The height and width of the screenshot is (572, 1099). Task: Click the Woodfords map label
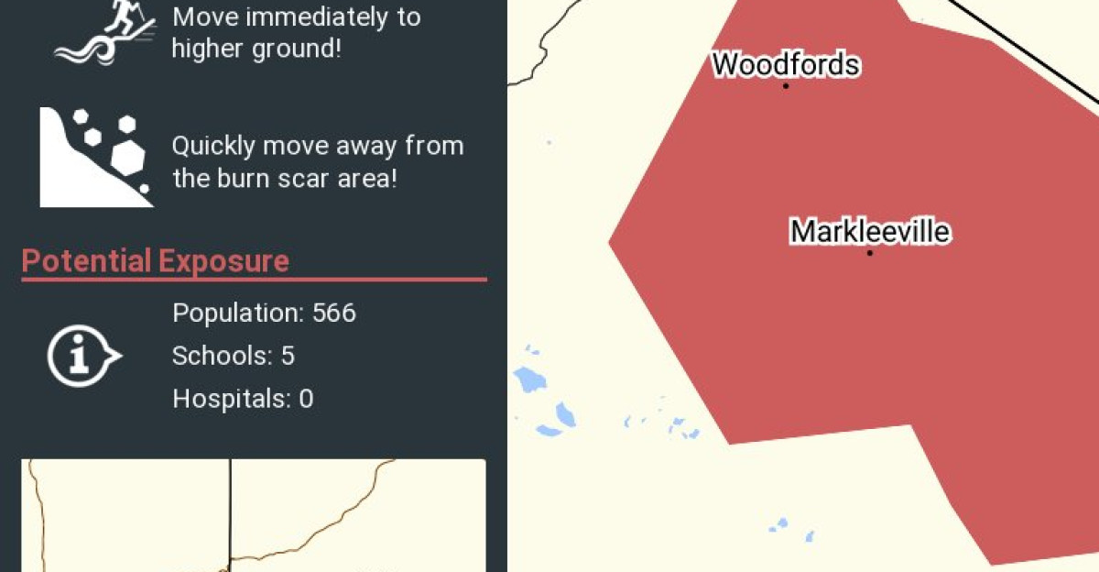tap(786, 64)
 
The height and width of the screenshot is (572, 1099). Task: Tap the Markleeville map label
tap(869, 231)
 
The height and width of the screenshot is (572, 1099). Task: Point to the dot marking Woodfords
tap(786, 86)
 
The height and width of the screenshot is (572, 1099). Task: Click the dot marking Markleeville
tap(869, 253)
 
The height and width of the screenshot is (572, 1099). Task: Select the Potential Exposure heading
tap(155, 261)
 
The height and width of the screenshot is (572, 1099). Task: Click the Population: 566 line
tap(264, 313)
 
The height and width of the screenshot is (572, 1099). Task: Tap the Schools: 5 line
tap(234, 356)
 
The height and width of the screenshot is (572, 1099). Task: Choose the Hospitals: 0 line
tap(243, 399)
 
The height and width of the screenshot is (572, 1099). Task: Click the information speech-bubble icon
tap(82, 355)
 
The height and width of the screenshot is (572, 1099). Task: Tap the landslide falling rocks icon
tap(95, 157)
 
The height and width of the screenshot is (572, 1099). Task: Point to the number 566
tap(333, 313)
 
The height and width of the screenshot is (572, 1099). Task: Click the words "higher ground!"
tap(256, 49)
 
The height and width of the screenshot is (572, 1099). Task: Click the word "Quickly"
tap(213, 147)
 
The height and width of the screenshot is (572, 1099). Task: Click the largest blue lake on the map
tap(528, 379)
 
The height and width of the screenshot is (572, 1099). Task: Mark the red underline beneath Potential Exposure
tap(254, 280)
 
